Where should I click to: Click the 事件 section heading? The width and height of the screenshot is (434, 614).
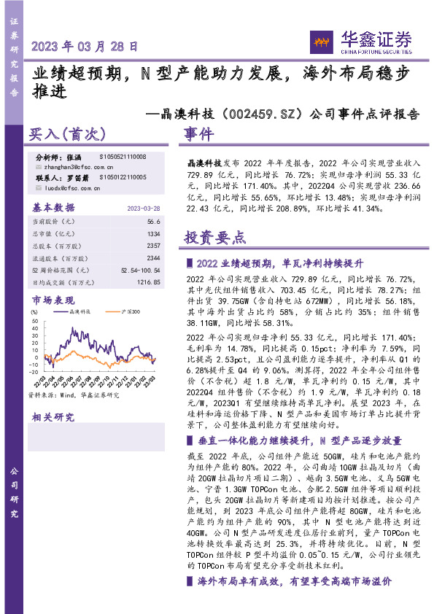[x=198, y=134]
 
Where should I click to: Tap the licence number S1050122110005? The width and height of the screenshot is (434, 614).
[x=123, y=177]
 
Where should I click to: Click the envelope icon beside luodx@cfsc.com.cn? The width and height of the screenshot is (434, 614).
[x=38, y=187]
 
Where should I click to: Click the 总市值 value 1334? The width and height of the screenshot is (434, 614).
[x=152, y=233]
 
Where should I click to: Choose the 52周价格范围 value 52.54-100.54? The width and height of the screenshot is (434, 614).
[x=135, y=270]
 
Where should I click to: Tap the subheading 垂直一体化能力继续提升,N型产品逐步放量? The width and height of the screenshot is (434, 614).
[x=299, y=440]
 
